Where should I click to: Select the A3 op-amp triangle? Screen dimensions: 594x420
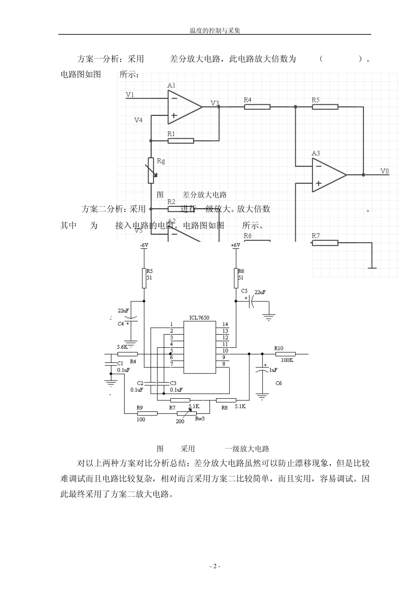coord(328,175)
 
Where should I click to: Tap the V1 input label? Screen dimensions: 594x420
coord(130,95)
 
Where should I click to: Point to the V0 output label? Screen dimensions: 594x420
coord(385,171)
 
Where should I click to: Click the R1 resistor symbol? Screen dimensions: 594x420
coord(180,141)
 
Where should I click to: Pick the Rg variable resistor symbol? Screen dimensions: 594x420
coord(151,170)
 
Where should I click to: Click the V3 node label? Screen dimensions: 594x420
coord(214,103)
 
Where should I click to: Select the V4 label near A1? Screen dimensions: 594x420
coord(138,120)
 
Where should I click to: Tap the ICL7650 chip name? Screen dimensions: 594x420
coord(199,317)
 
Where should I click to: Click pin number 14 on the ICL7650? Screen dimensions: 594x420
coord(225,324)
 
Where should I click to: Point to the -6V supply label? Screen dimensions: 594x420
coord(144,245)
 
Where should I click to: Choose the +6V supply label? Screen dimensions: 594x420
coord(235,245)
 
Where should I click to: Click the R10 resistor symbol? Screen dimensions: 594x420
coord(285,354)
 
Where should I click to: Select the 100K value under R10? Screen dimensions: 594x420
coord(287,360)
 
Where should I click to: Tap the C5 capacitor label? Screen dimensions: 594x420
coord(244,290)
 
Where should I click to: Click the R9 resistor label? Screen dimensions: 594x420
coord(139,407)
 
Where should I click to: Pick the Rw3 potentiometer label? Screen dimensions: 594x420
coord(200,419)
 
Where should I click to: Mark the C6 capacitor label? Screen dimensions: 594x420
coord(279,383)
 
